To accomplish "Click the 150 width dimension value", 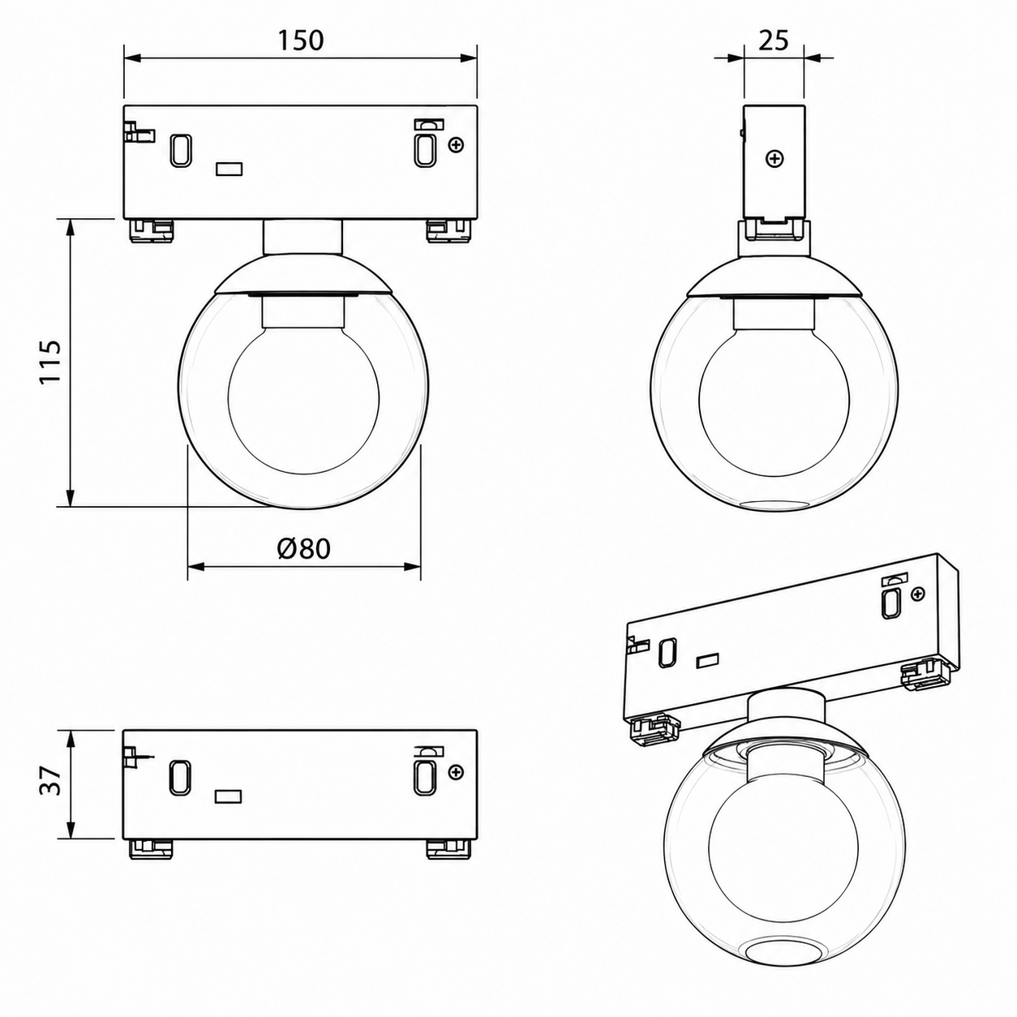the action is coord(300,41).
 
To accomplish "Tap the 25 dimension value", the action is coord(774,41).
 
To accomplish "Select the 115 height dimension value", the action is coord(51,362).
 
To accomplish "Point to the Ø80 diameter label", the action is coord(303,549).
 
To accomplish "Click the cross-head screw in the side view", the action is coord(775,158).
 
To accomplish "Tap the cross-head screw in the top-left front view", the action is coord(456,144).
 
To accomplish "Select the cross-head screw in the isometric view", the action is coord(919,594).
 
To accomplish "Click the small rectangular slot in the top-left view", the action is coord(230,169).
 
